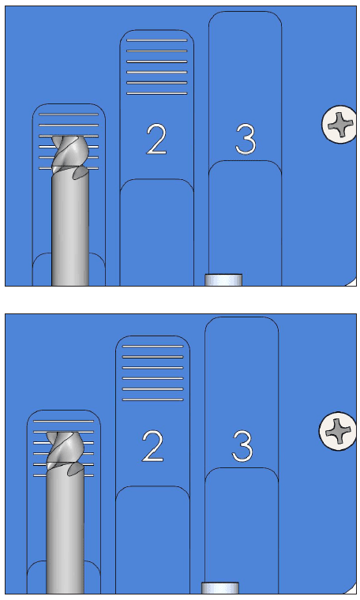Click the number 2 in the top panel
point(156,140)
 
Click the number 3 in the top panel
point(246,139)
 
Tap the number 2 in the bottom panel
point(152,446)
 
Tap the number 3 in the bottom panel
point(242,446)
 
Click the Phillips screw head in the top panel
point(339,125)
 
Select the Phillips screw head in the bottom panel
point(337,431)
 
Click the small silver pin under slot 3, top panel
point(223,279)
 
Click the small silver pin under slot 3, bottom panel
point(220,587)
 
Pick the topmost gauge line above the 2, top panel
point(157,40)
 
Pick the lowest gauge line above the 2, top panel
point(157,93)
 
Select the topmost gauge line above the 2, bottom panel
point(152,347)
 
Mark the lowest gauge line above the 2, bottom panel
point(152,400)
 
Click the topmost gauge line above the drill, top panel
point(69,114)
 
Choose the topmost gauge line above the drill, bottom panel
point(63,421)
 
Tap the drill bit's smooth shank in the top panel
point(70,230)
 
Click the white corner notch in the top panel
point(353,283)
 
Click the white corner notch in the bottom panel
point(352,590)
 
